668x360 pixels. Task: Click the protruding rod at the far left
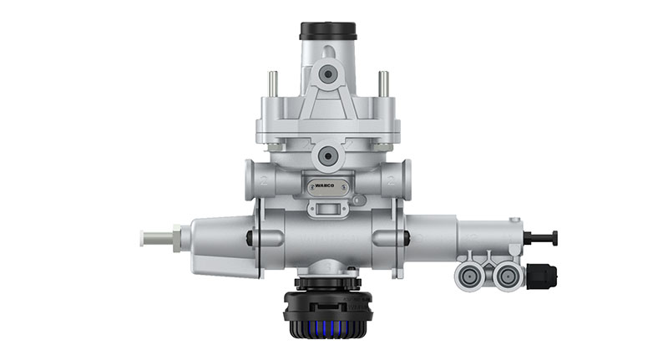point(154,238)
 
